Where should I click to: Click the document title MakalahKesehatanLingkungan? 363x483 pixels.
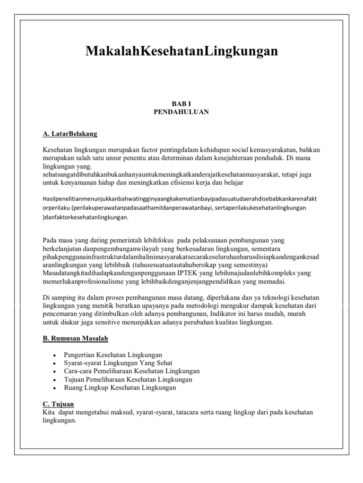coord(181,51)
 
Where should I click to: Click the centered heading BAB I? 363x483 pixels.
coord(181,103)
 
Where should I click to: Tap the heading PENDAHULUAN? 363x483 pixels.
coord(181,112)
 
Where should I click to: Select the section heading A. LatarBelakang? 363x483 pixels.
coord(69,134)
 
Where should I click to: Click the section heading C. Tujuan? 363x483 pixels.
coord(58,404)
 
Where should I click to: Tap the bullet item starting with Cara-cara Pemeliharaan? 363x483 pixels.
coord(131,371)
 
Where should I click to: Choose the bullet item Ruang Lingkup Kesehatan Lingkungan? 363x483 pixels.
coord(120,388)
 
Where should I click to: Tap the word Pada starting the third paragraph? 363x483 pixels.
coord(50,241)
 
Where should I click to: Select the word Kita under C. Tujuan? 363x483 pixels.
coord(48,413)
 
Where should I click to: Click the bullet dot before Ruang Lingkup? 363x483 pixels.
coord(56,388)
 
